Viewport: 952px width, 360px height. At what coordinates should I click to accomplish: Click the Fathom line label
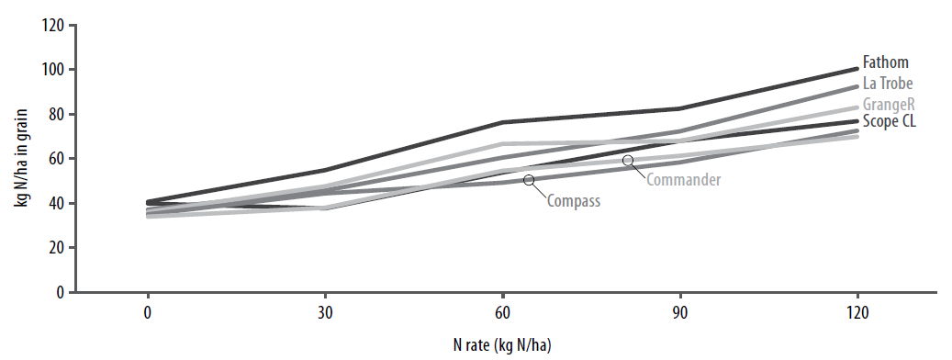pos(885,63)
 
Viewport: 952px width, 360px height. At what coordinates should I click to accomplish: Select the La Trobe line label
pos(888,83)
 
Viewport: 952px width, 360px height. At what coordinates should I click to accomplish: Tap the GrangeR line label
pos(888,102)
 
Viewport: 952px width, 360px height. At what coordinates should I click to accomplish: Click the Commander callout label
pos(683,179)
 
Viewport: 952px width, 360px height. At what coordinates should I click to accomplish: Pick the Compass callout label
pos(574,199)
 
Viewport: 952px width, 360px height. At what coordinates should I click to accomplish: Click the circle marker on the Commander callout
pos(628,160)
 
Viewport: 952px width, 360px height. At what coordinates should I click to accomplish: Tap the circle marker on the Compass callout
pos(529,180)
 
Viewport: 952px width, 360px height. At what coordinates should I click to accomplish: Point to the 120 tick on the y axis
pos(52,26)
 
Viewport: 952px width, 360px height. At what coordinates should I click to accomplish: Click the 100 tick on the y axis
pos(52,70)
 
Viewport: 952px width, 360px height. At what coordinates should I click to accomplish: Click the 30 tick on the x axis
pos(325,310)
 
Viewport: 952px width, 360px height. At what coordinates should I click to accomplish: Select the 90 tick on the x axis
pos(680,310)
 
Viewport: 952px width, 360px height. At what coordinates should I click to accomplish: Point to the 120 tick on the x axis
pos(857,310)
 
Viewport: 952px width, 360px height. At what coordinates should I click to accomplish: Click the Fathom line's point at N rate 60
pos(502,122)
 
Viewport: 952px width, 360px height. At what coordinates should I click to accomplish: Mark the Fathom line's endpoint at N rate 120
pos(857,69)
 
